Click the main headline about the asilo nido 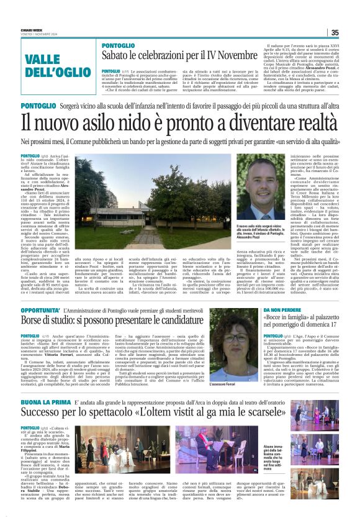click(x=180, y=119)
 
